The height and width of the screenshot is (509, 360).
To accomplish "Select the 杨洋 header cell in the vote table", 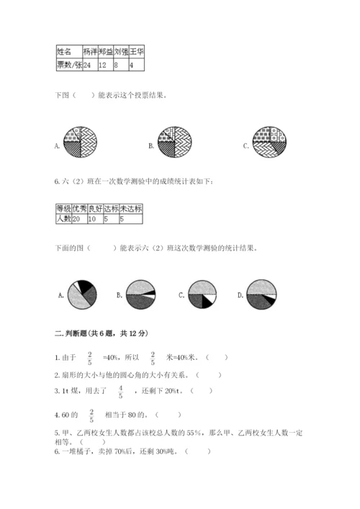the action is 90,52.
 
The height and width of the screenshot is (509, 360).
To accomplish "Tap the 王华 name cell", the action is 135,52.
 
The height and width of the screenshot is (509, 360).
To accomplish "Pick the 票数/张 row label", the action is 68,65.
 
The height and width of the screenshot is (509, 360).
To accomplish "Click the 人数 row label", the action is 63,218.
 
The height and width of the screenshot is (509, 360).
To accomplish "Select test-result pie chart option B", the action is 141,294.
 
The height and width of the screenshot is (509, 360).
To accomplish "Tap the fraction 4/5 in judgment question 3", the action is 120,392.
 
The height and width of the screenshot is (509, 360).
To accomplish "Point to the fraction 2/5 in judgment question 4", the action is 91,415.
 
